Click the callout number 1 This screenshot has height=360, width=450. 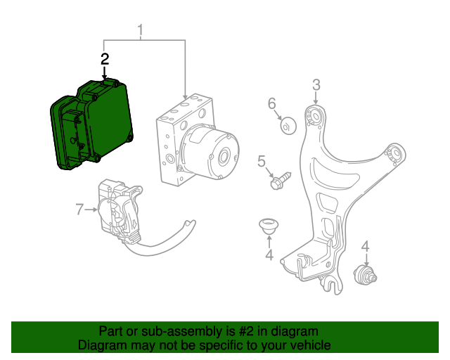(140, 30)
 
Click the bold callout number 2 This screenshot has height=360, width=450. (105, 59)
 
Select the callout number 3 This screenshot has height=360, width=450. (316, 85)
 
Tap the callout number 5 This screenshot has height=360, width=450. (262, 162)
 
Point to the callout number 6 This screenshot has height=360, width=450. (272, 105)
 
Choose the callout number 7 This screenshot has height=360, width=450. (79, 208)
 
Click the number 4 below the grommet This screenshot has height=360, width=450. (269, 255)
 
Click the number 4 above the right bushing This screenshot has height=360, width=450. (365, 246)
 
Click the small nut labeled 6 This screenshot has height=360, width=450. (288, 127)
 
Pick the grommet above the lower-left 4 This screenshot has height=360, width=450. (267, 226)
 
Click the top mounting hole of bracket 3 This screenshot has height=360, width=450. (315, 116)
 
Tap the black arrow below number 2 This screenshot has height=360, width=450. (105, 72)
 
